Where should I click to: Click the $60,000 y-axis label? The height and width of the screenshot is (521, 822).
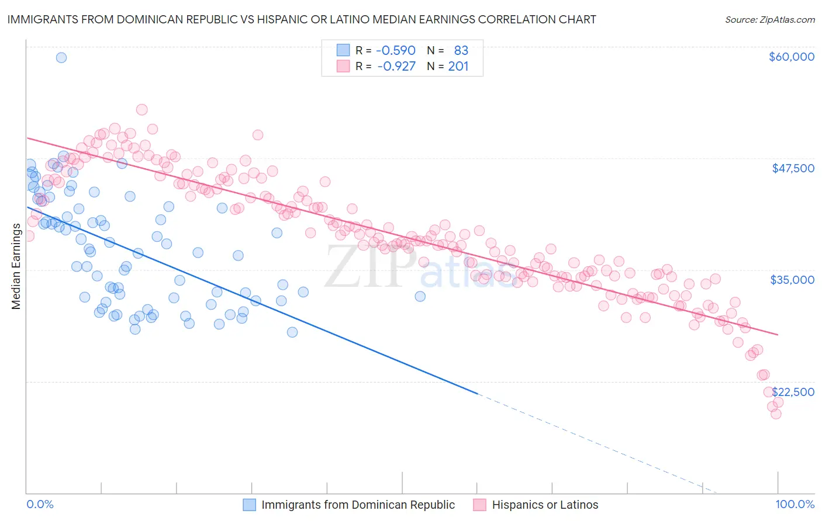click(x=791, y=57)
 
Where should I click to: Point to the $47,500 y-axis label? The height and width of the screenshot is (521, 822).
click(x=793, y=168)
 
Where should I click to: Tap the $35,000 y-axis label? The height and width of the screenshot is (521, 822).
click(x=792, y=280)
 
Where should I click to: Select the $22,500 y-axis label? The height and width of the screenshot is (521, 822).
click(x=793, y=392)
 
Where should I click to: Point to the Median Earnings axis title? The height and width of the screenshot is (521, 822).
click(x=16, y=266)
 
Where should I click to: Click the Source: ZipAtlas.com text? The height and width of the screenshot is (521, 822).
click(x=770, y=20)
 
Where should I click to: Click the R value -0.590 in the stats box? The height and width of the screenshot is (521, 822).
click(x=396, y=51)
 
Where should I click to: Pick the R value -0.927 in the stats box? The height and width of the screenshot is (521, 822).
click(x=396, y=66)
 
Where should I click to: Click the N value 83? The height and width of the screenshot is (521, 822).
click(x=461, y=51)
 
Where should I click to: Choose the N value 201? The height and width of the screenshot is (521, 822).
click(x=458, y=66)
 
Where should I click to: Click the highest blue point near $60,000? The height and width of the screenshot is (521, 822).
click(x=61, y=57)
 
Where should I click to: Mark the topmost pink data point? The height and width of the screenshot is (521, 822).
click(x=141, y=109)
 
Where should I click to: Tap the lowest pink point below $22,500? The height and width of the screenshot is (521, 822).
click(x=776, y=414)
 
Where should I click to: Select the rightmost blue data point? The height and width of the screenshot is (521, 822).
click(x=420, y=296)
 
